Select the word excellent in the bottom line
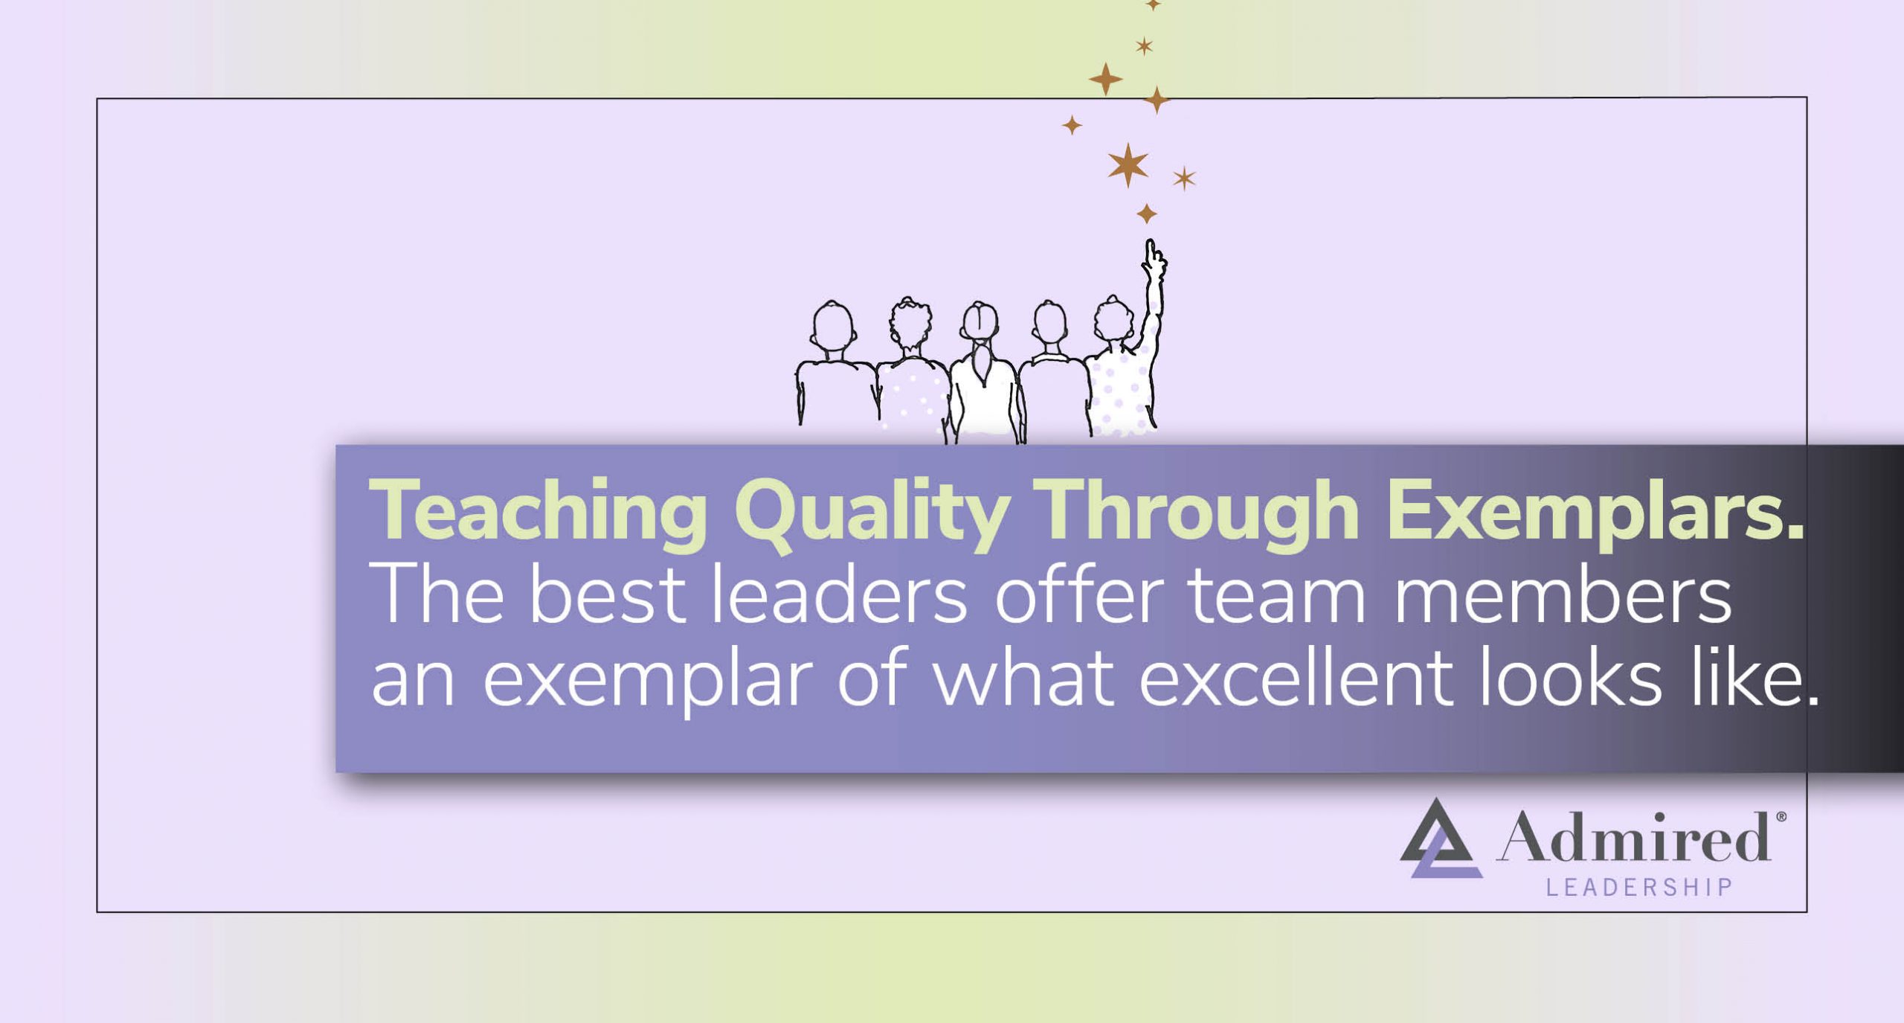tap(1294, 679)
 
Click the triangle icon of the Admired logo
tap(1439, 841)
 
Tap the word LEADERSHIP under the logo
tap(1639, 888)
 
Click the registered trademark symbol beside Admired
tap(1781, 817)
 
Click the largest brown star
tap(1128, 164)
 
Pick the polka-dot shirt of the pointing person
tap(1119, 394)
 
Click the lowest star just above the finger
tap(1147, 214)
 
